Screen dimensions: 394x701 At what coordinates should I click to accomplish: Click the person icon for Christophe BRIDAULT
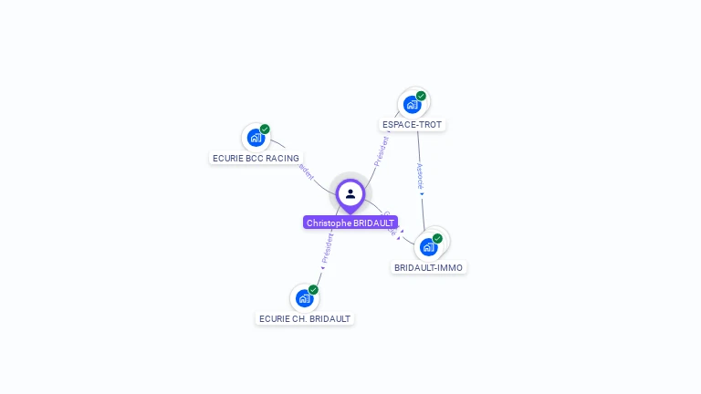pyautogui.click(x=350, y=193)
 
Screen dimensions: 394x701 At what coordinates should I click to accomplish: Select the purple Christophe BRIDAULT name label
pyautogui.click(x=350, y=223)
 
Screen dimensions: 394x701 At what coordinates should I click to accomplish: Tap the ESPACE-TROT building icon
pyautogui.click(x=412, y=105)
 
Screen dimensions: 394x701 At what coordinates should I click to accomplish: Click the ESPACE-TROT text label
pyautogui.click(x=413, y=124)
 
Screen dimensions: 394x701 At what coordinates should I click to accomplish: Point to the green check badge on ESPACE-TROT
pyautogui.click(x=421, y=96)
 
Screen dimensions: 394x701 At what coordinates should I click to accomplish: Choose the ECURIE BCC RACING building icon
pyautogui.click(x=256, y=139)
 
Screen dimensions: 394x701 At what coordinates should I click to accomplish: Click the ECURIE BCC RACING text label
pyautogui.click(x=256, y=158)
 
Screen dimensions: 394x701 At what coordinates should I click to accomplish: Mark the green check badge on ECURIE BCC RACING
pyautogui.click(x=265, y=130)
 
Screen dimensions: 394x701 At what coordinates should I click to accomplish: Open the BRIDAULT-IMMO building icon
pyautogui.click(x=428, y=247)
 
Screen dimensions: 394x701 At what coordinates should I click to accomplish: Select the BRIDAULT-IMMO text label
pyautogui.click(x=428, y=268)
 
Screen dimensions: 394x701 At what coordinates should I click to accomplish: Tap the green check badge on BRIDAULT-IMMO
pyautogui.click(x=437, y=238)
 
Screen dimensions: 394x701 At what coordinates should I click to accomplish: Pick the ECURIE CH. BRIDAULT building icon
pyautogui.click(x=304, y=298)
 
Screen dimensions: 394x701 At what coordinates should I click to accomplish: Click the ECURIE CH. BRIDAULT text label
pyautogui.click(x=305, y=318)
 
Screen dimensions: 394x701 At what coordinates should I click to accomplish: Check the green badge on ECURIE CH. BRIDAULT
pyautogui.click(x=313, y=289)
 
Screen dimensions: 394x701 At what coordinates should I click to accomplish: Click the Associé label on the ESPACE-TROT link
pyautogui.click(x=420, y=175)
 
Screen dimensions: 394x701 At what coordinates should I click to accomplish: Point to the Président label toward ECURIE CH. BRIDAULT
pyautogui.click(x=328, y=247)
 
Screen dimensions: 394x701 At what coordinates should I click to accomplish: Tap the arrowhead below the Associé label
pyautogui.click(x=422, y=194)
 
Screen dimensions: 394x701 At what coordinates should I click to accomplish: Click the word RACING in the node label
pyautogui.click(x=282, y=158)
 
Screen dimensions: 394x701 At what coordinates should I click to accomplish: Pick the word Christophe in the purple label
pyautogui.click(x=325, y=223)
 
